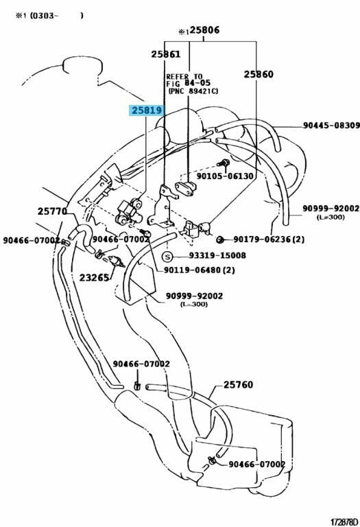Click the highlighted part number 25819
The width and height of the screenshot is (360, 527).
(x=147, y=110)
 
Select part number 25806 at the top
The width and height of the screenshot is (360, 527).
(x=204, y=30)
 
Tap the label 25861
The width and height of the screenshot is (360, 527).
(x=165, y=54)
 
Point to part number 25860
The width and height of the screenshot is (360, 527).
(x=259, y=74)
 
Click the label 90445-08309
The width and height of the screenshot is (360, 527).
(x=331, y=126)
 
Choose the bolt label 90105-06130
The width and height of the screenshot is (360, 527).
(x=225, y=176)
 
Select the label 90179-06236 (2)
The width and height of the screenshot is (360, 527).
(x=269, y=239)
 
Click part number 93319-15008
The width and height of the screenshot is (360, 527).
(x=217, y=255)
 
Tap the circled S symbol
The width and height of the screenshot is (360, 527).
(x=167, y=257)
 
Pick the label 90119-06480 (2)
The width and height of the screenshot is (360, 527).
(x=199, y=270)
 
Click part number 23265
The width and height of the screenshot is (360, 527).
(x=95, y=278)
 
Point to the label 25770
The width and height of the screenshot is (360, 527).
(x=52, y=211)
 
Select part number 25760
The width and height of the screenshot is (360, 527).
(x=238, y=384)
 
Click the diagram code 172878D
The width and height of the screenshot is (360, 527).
(x=344, y=522)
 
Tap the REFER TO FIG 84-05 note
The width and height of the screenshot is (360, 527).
(x=192, y=84)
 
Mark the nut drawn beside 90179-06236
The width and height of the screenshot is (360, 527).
(x=220, y=239)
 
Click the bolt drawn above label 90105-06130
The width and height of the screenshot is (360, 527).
(x=224, y=164)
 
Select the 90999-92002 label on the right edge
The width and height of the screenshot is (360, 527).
(x=331, y=209)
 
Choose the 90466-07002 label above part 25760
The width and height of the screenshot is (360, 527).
(x=141, y=364)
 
